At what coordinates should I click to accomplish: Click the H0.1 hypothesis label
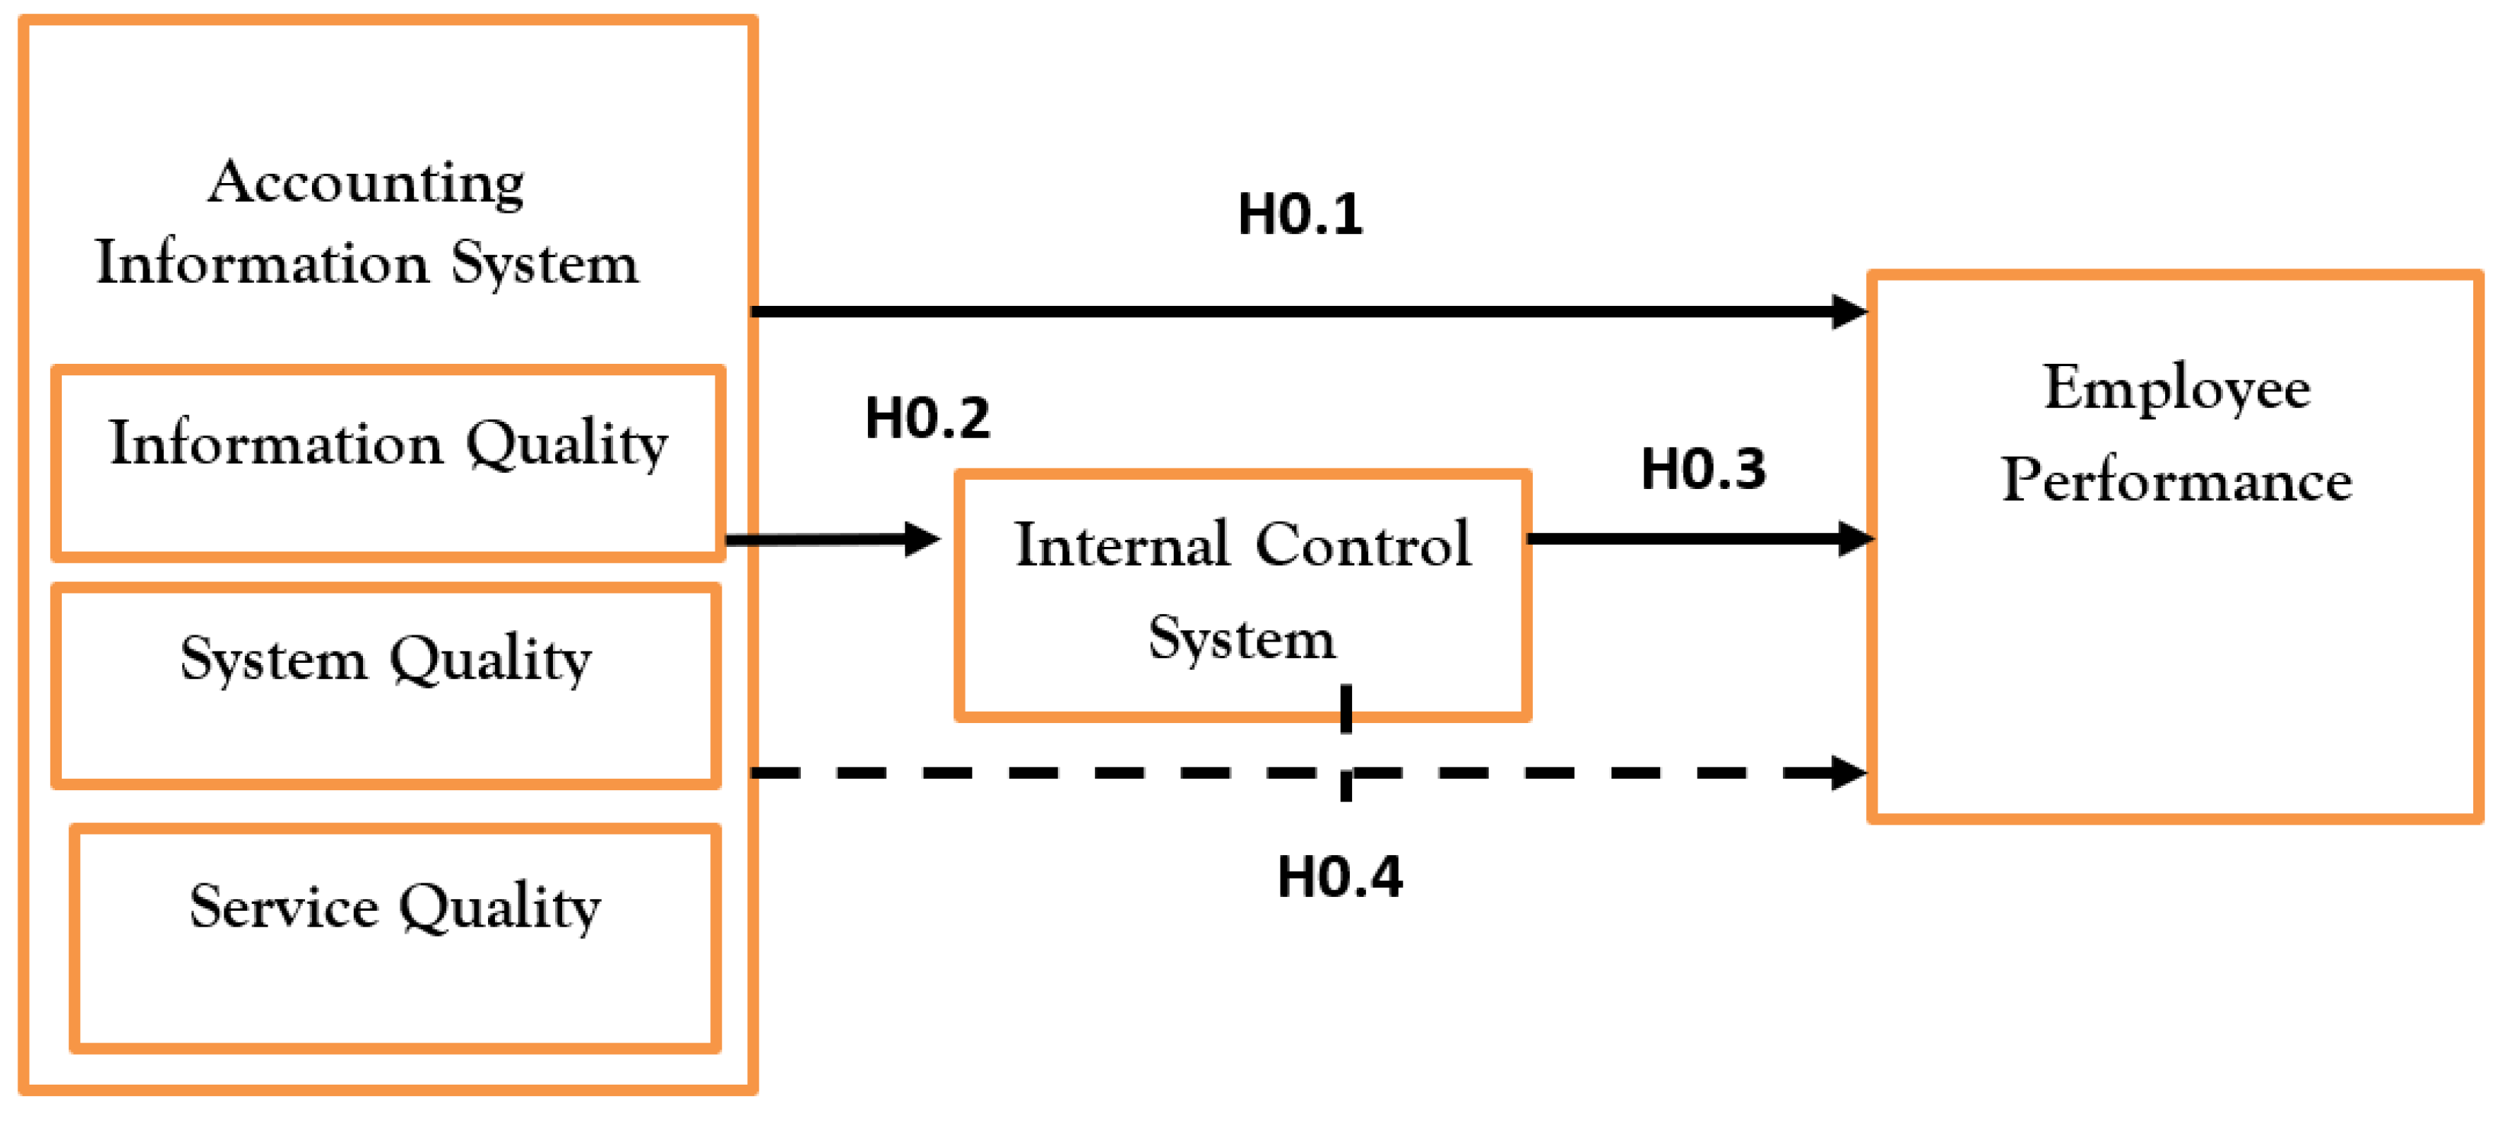1300,214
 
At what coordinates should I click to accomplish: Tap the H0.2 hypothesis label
927,419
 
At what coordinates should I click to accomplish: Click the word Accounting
367,183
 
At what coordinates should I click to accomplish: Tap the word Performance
2177,480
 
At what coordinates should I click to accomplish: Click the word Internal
1122,544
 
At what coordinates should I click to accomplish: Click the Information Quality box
388,463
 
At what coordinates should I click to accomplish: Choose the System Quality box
386,686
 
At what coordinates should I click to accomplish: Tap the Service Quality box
395,938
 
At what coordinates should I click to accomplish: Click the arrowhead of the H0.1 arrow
1849,311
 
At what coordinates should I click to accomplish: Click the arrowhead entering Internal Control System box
922,538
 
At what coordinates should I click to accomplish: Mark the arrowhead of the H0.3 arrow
1855,538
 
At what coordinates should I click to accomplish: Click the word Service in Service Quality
284,907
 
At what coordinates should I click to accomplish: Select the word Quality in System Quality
490,661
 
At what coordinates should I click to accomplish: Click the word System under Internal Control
1242,639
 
